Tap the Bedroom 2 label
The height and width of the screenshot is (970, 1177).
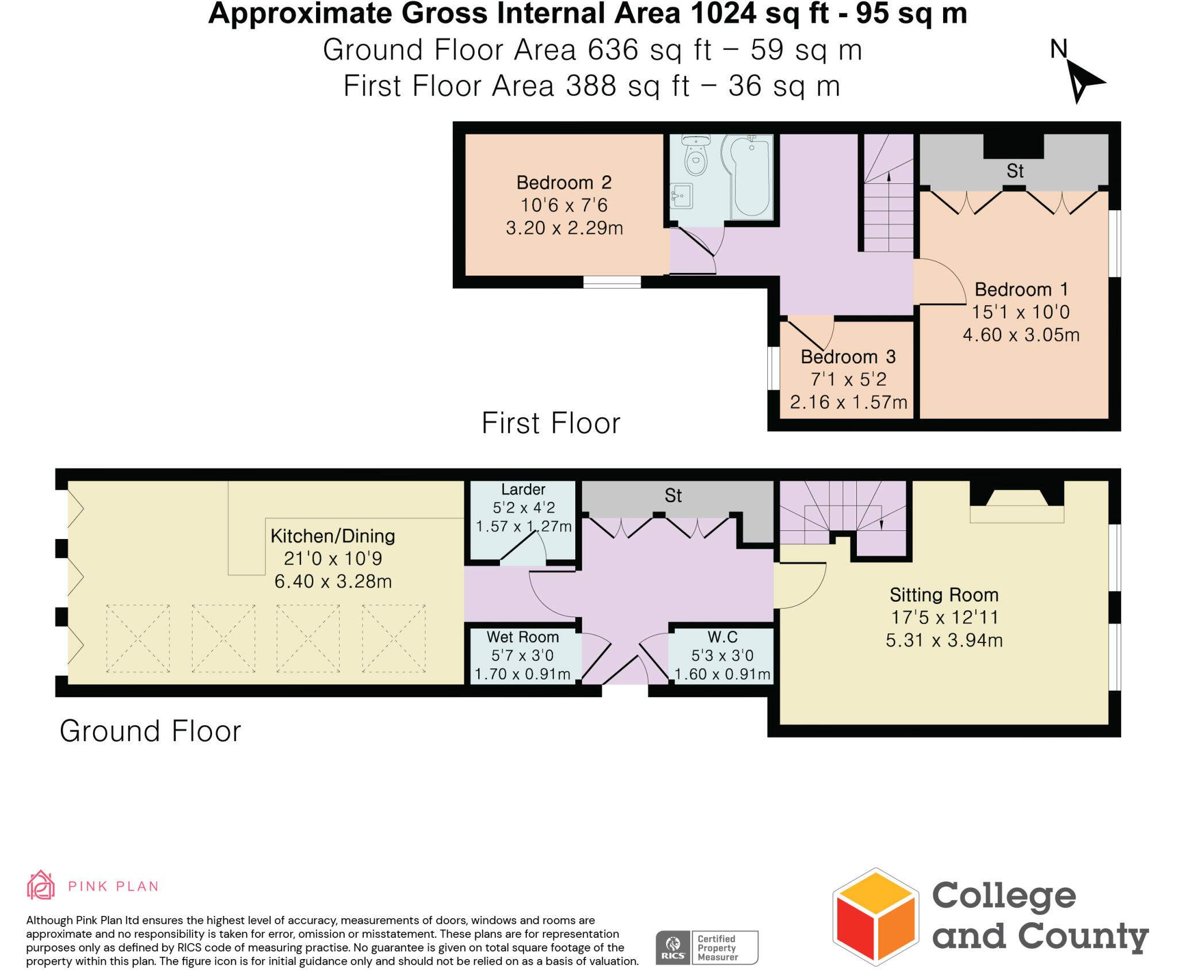pyautogui.click(x=564, y=183)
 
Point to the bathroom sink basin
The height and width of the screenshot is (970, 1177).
pyautogui.click(x=682, y=196)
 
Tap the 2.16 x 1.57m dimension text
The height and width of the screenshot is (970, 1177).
pyautogui.click(x=848, y=402)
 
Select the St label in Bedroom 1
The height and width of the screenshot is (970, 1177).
pyautogui.click(x=1015, y=171)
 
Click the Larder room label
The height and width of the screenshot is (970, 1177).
pyautogui.click(x=523, y=490)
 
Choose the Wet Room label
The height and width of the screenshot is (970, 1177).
pyautogui.click(x=522, y=637)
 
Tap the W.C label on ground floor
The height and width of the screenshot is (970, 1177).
pyautogui.click(x=722, y=637)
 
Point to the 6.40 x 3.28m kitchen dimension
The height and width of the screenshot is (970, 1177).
pyautogui.click(x=333, y=582)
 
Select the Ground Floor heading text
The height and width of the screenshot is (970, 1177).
pyautogui.click(x=150, y=732)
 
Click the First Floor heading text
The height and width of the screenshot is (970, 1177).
pyautogui.click(x=551, y=424)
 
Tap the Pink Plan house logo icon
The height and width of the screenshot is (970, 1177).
pyautogui.click(x=41, y=886)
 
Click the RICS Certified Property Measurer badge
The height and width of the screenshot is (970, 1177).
pyautogui.click(x=706, y=948)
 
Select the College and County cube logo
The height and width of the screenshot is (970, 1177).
pyautogui.click(x=875, y=917)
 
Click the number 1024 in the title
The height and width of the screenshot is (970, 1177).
pyautogui.click(x=724, y=14)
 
